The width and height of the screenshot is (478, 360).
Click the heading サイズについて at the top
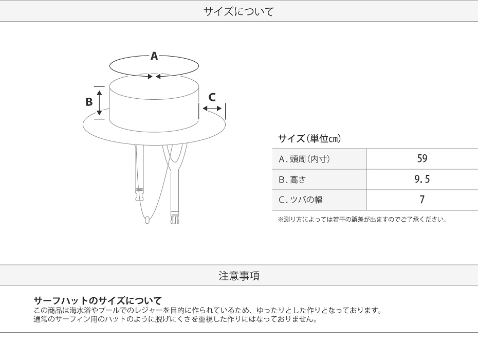tap(238, 11)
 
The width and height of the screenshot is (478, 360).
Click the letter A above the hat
tap(154, 57)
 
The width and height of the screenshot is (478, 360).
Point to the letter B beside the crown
tap(89, 102)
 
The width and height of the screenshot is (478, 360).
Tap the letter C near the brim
tap(212, 97)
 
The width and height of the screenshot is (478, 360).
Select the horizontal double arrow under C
tap(212, 109)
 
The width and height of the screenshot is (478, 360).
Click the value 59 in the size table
tap(422, 159)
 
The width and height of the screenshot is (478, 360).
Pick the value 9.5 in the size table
tap(422, 179)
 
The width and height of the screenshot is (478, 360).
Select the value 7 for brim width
tap(422, 200)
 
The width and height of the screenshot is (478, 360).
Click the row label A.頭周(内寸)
tap(304, 159)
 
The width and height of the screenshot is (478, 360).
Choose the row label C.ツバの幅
tap(301, 200)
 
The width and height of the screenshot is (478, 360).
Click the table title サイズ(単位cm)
tap(309, 138)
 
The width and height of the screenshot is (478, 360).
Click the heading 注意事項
tap(239, 276)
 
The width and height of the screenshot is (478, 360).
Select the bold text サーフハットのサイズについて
tap(98, 301)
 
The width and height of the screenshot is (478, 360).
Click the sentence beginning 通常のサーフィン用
tap(175, 319)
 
